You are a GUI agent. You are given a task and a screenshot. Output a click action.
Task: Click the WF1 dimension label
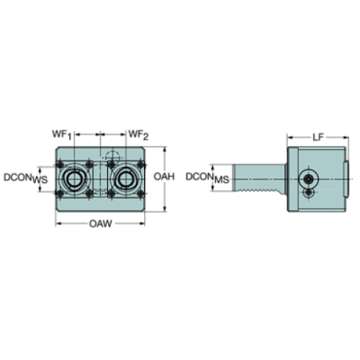coord(60,134)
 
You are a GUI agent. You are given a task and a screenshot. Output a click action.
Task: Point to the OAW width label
coord(99,223)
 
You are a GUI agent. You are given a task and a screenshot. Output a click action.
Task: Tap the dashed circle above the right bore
coord(112,155)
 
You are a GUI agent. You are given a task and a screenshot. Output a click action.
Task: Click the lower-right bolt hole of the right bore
coord(137,192)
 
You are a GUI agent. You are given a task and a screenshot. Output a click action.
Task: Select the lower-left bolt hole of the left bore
coord(60,192)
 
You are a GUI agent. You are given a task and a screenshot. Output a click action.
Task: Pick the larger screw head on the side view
coord(309,178)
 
